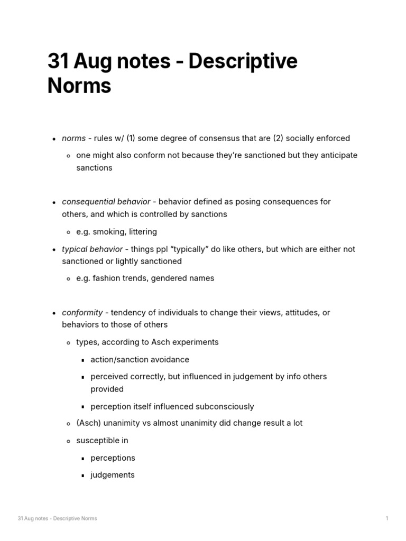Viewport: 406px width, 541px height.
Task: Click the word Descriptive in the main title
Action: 243,62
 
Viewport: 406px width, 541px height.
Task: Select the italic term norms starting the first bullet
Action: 73,138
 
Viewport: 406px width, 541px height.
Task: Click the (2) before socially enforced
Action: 278,138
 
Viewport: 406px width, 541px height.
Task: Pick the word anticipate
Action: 338,155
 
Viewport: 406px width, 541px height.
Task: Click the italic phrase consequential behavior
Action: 106,202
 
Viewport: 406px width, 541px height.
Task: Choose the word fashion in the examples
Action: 107,278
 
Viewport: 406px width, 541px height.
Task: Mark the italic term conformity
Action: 82,312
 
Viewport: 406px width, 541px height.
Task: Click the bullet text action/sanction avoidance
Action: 140,359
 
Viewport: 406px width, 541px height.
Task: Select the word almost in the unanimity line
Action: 166,423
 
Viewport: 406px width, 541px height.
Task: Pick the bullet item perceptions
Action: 113,458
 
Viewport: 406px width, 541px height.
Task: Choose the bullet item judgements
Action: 112,474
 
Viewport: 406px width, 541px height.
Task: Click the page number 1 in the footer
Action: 387,518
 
